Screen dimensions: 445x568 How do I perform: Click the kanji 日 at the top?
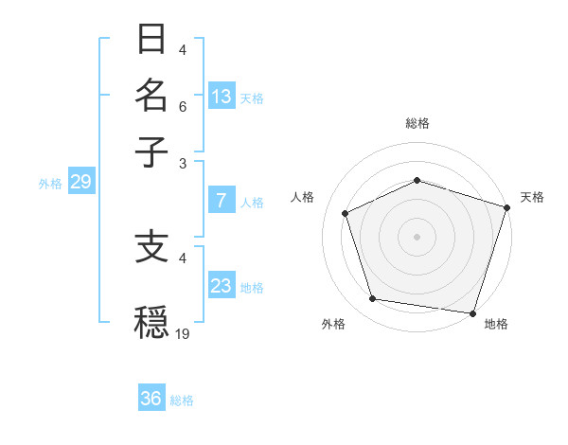(x=152, y=41)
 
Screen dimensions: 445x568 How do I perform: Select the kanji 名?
(x=152, y=96)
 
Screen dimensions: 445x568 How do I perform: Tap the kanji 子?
(x=152, y=151)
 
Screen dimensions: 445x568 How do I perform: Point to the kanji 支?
(x=152, y=247)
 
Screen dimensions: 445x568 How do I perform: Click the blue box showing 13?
(x=222, y=97)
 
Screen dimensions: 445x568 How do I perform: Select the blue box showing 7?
(x=222, y=201)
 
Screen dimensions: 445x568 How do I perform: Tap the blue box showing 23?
(x=222, y=286)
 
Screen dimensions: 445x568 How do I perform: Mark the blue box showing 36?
(x=151, y=400)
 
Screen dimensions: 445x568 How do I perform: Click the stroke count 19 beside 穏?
(x=183, y=333)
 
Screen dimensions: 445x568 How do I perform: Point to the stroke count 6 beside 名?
(x=183, y=107)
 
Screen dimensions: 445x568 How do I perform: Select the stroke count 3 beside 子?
(x=183, y=164)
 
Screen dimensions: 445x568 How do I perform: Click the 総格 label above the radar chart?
(x=417, y=123)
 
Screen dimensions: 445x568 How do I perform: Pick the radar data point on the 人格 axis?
(x=346, y=214)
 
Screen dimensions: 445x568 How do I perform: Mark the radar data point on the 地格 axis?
(x=472, y=312)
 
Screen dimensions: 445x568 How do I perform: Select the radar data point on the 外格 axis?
(x=373, y=299)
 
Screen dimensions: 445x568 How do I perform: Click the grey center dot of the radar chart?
(x=417, y=237)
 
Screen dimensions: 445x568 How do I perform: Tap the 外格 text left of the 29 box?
(x=49, y=184)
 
